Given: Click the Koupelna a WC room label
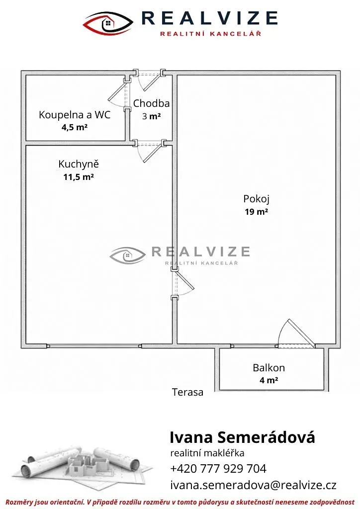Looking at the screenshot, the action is pyautogui.click(x=75, y=115).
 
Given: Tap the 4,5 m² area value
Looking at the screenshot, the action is pyautogui.click(x=75, y=127).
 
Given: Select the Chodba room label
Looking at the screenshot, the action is pyautogui.click(x=151, y=103).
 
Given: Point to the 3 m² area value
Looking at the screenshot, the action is pyautogui.click(x=151, y=116).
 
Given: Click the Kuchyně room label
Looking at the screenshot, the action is pyautogui.click(x=79, y=164).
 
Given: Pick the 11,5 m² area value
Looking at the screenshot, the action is pyautogui.click(x=79, y=177).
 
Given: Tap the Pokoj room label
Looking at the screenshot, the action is pyautogui.click(x=256, y=199).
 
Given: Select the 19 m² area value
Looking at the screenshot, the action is pyautogui.click(x=256, y=212).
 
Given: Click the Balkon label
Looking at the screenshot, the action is pyautogui.click(x=269, y=367).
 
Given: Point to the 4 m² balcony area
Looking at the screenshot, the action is pyautogui.click(x=269, y=380).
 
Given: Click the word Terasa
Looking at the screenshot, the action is pyautogui.click(x=187, y=392).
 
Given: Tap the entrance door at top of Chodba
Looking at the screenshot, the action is pyautogui.click(x=150, y=79).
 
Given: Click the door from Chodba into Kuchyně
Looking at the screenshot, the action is pyautogui.click(x=150, y=151).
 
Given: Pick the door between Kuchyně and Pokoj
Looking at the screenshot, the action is pyautogui.click(x=182, y=283).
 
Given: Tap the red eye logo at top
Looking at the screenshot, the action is pyautogui.click(x=108, y=23).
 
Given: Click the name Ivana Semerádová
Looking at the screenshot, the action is pyautogui.click(x=243, y=437).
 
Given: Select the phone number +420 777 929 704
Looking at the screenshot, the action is pyautogui.click(x=218, y=468).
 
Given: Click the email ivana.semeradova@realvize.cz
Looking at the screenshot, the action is pyautogui.click(x=253, y=485).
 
